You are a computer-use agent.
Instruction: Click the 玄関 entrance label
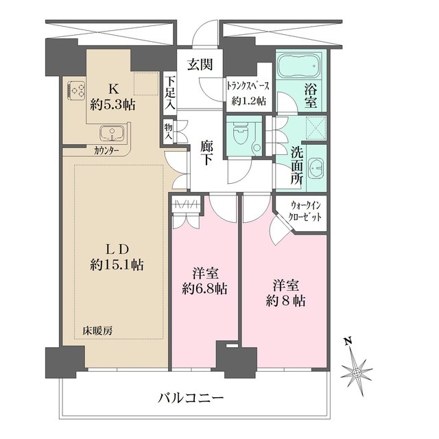coord(200,64)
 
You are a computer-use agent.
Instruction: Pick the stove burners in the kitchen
coord(77,89)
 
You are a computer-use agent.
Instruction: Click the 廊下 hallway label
coord(206,152)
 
